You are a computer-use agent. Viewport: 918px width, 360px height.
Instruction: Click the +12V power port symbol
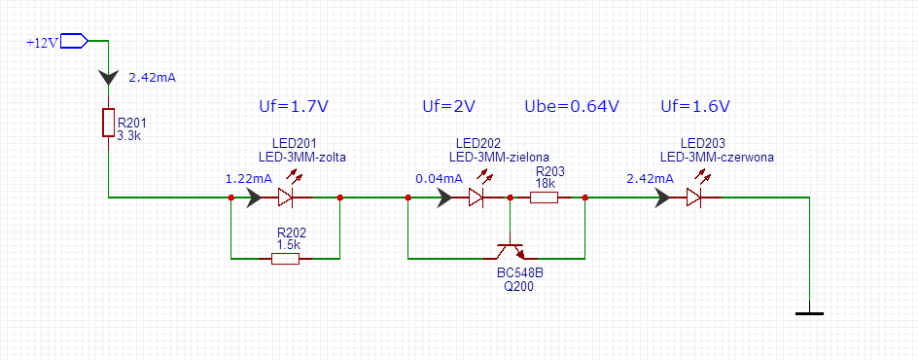coord(74,41)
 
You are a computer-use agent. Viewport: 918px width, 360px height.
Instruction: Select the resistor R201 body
coord(108,123)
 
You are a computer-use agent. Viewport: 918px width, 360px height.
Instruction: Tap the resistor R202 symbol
coord(286,258)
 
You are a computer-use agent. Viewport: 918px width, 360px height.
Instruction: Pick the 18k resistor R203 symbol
coord(544,198)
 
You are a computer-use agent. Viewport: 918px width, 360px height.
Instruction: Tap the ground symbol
coord(810,310)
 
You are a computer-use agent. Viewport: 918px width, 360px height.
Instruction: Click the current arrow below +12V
coord(108,77)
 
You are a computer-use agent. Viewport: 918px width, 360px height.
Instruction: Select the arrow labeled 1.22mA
coord(255,198)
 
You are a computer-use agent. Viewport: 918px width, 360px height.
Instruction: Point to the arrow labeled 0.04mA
coord(443,198)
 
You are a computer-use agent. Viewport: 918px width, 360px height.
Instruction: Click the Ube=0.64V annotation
coord(571,106)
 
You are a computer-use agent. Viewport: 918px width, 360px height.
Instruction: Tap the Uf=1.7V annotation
coord(293,106)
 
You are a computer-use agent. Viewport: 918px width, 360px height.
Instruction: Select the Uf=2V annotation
coord(448,106)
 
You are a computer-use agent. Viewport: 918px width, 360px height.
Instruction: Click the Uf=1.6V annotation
coord(695,106)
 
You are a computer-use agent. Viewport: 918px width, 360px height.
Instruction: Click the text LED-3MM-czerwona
coord(718,157)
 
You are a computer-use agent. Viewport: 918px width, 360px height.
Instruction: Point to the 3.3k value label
coord(129,135)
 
